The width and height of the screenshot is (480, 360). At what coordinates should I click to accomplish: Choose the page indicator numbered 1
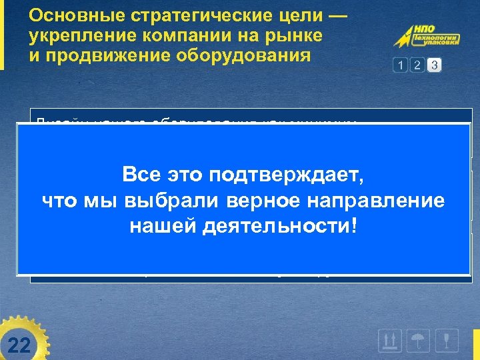click(x=400, y=65)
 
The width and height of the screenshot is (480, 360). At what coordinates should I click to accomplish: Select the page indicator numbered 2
click(x=417, y=65)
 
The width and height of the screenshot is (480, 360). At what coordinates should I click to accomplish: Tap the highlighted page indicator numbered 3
click(x=434, y=65)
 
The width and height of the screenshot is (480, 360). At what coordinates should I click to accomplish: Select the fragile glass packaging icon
click(x=449, y=341)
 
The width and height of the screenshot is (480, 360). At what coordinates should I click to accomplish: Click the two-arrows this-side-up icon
click(x=389, y=341)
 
